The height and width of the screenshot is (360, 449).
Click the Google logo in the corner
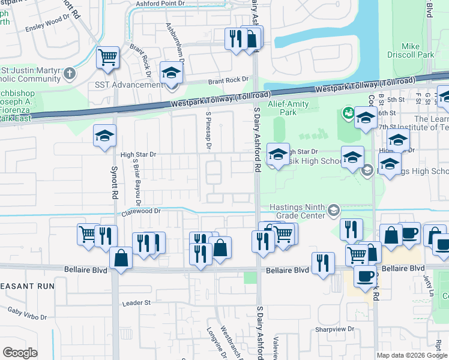20,353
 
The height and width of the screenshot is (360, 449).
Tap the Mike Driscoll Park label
418,50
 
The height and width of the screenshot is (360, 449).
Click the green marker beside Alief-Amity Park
347,112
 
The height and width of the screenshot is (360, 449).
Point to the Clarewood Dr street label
142,211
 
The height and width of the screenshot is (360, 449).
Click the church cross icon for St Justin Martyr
70,73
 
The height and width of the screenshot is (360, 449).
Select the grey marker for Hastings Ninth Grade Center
333,211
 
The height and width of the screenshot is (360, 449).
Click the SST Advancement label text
128,85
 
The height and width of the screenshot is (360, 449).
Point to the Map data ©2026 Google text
412,355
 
